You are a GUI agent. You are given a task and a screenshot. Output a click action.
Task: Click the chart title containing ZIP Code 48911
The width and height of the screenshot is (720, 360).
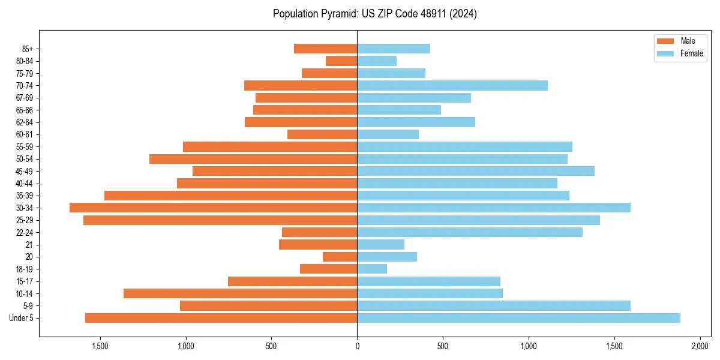(x=375, y=14)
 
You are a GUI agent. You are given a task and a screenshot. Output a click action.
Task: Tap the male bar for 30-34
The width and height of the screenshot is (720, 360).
(x=213, y=208)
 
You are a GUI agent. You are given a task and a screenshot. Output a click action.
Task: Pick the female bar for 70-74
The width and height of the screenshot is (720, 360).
(x=452, y=85)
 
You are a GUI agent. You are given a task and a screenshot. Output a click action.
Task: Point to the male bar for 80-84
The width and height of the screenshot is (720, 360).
(x=341, y=61)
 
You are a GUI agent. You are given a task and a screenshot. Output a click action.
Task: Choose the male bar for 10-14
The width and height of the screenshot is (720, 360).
(x=240, y=293)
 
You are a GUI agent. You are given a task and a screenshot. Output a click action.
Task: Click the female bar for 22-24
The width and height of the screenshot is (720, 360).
(x=470, y=232)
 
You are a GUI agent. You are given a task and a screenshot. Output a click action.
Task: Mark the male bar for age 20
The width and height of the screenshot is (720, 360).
(x=340, y=257)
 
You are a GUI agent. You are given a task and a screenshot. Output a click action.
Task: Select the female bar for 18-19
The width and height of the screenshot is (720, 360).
(x=372, y=269)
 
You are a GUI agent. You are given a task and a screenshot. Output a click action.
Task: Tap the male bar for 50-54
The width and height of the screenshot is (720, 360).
(x=253, y=159)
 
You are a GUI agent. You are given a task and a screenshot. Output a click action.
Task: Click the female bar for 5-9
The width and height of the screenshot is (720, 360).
(x=494, y=305)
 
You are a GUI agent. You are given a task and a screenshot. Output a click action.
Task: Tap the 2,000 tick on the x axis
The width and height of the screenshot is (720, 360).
(x=700, y=346)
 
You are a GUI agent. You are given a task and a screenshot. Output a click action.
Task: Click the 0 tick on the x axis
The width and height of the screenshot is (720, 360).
(x=357, y=346)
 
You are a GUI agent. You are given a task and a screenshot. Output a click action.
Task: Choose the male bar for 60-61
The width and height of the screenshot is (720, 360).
(x=322, y=134)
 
